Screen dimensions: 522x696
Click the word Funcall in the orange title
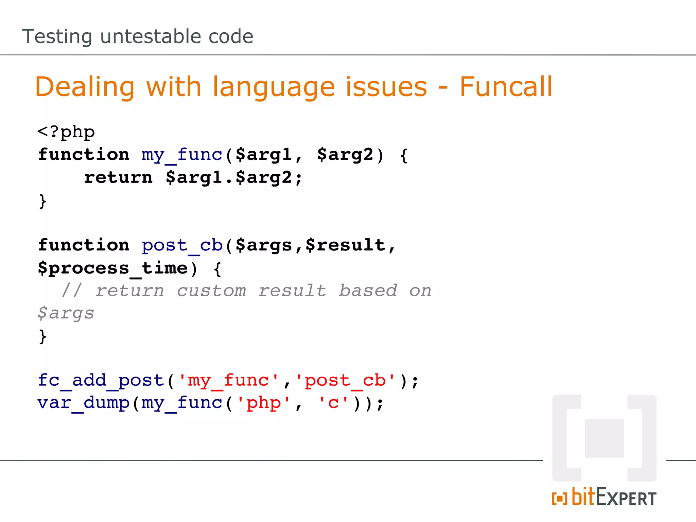(506, 87)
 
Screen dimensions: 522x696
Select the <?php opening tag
(66, 132)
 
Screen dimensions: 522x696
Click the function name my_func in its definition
(182, 155)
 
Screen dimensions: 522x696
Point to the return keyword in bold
(118, 177)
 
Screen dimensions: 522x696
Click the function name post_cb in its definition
(182, 245)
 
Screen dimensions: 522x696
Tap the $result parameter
(345, 245)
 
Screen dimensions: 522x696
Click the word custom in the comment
(211, 291)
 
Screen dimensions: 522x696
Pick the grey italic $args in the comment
(66, 313)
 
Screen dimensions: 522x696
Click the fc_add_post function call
(101, 380)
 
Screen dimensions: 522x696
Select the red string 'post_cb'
(345, 381)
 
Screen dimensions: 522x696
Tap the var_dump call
(83, 403)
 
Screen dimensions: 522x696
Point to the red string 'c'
(333, 403)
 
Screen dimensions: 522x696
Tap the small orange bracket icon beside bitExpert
(559, 499)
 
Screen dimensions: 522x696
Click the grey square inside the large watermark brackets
(604, 438)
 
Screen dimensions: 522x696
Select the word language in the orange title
(274, 87)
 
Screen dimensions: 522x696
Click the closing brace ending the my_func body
(42, 201)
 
